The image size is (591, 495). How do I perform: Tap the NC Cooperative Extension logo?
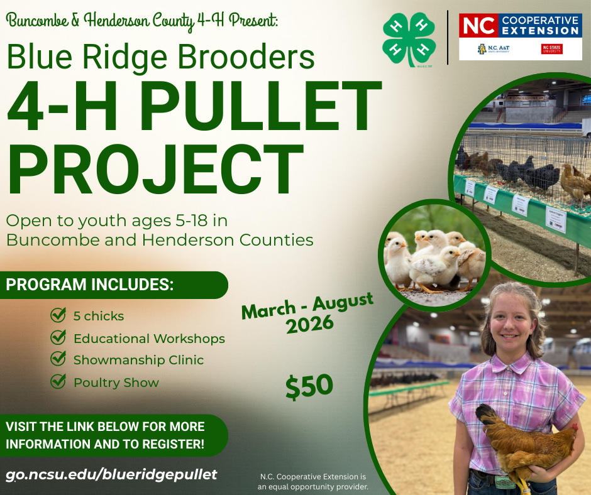pos(520,36)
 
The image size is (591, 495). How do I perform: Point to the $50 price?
pos(309,386)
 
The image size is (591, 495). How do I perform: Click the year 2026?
pos(309,325)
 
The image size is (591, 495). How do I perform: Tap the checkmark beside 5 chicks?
pos(58,315)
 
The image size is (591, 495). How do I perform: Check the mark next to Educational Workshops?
pos(58,337)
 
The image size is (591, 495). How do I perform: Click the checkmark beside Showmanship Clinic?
pos(58,359)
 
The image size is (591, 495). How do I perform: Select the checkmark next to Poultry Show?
pos(58,381)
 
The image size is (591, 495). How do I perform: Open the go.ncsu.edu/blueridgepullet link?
pos(111,474)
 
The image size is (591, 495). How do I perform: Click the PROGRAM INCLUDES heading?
pos(90,285)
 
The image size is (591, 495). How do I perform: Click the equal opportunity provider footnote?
pos(312,481)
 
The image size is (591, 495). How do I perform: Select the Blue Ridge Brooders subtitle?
pos(160,57)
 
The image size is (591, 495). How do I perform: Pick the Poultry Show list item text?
pos(116,383)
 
